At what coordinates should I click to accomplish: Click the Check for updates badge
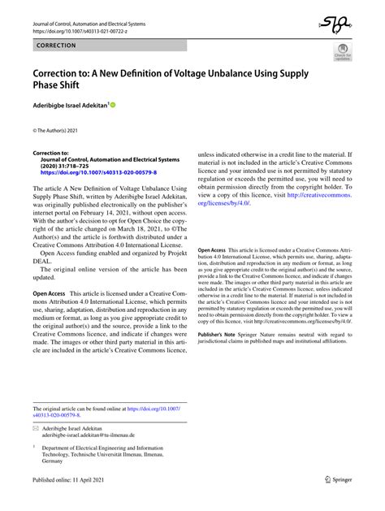(342, 54)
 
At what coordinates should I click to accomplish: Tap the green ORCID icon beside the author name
(112, 105)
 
